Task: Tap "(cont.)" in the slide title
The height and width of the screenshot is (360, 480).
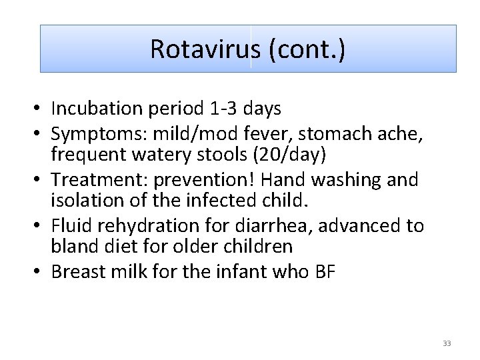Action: click(x=307, y=49)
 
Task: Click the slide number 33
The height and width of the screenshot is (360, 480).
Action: click(x=447, y=343)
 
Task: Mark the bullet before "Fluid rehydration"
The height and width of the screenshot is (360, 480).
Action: click(x=41, y=227)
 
